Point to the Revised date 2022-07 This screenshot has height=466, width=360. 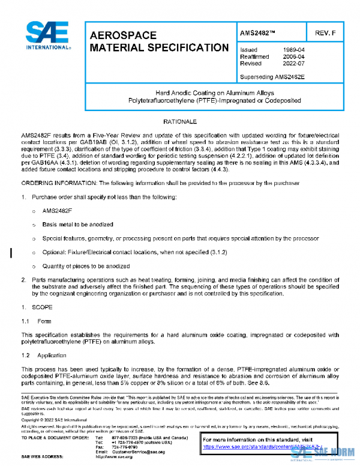[x=294, y=63]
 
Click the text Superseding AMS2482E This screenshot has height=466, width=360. [x=274, y=77]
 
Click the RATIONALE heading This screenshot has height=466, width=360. [x=180, y=122]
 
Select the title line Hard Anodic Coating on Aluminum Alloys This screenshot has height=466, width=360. [x=214, y=93]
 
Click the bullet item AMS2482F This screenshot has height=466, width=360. [x=57, y=211]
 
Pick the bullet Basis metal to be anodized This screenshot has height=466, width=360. [x=77, y=224]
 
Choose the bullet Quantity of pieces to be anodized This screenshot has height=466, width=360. [x=86, y=266]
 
